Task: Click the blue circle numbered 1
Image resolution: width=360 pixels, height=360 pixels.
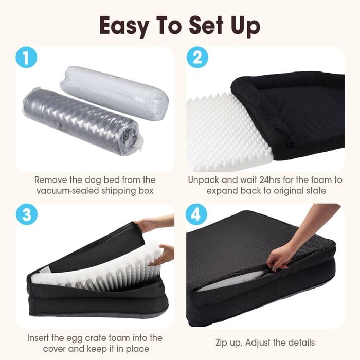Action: pyautogui.click(x=26, y=58)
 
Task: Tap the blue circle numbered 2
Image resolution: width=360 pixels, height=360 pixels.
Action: pyautogui.click(x=197, y=58)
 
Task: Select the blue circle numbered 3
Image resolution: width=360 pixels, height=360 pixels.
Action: pyautogui.click(x=27, y=214)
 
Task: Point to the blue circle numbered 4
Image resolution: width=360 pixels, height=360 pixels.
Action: pyautogui.click(x=196, y=214)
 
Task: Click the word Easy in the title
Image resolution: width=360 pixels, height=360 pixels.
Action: pyautogui.click(x=124, y=26)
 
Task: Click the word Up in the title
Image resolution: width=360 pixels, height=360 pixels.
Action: pyautogui.click(x=245, y=26)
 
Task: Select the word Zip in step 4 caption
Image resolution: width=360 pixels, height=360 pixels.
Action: pyautogui.click(x=223, y=343)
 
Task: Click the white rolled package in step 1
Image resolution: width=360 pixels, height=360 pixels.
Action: pyautogui.click(x=114, y=93)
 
